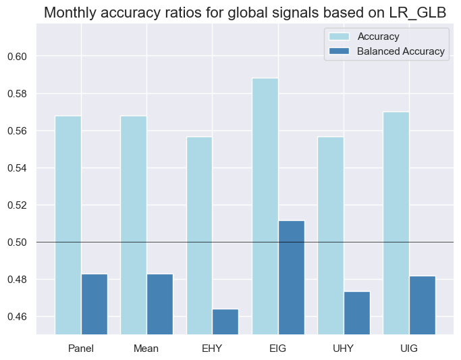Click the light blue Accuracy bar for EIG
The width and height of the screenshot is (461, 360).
pos(265,206)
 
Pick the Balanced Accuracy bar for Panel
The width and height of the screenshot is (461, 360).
pos(94,304)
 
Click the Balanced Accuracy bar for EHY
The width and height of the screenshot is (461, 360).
pos(225,322)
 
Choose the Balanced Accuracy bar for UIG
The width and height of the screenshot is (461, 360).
pos(422,305)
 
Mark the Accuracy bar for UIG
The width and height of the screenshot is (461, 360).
pos(396,223)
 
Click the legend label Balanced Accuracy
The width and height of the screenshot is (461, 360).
pos(402,51)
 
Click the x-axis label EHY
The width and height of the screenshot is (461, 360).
pos(212,349)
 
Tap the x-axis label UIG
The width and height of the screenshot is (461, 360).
pos(409,349)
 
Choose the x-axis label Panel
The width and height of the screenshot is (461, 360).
pos(81,349)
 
